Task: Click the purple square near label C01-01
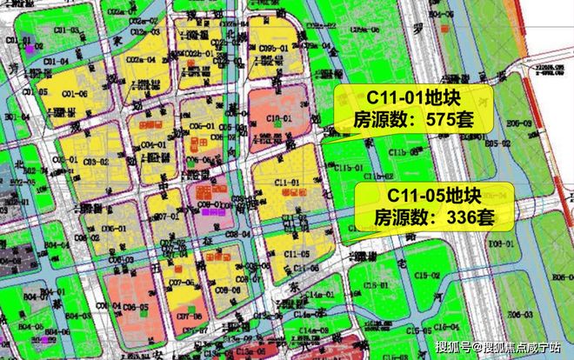(x=28, y=49)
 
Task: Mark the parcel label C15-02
(x=427, y=275)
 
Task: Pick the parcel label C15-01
(x=377, y=283)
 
